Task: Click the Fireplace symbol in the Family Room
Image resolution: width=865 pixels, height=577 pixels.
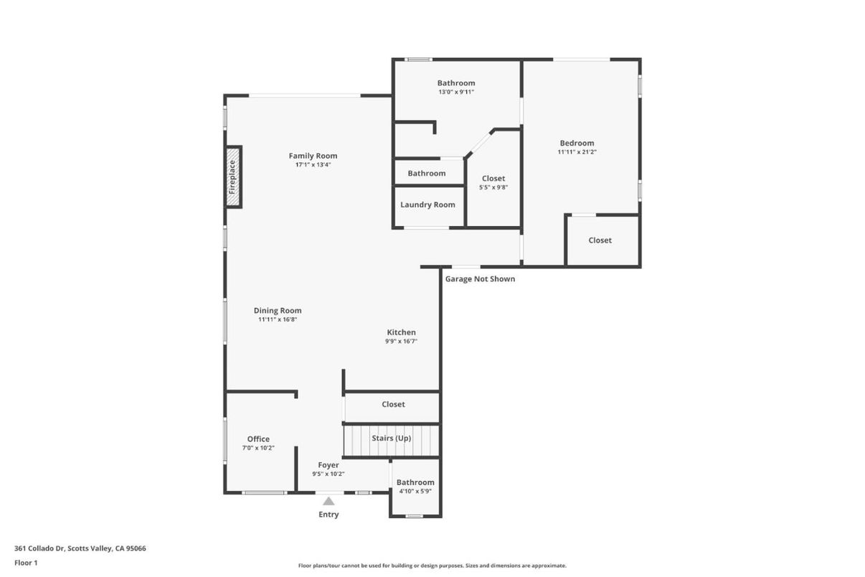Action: pyautogui.click(x=233, y=177)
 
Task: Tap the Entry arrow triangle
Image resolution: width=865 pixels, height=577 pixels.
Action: pyautogui.click(x=328, y=501)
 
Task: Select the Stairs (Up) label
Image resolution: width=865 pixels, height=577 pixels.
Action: pyautogui.click(x=392, y=438)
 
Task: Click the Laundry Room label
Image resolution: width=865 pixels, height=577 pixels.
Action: pyautogui.click(x=427, y=205)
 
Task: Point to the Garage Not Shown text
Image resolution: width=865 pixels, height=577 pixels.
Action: pyautogui.click(x=480, y=278)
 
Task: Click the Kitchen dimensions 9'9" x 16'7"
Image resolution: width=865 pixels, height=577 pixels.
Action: pyautogui.click(x=401, y=342)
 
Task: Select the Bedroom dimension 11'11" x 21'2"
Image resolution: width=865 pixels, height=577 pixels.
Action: pyautogui.click(x=577, y=152)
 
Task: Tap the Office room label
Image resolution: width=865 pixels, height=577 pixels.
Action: pyautogui.click(x=258, y=439)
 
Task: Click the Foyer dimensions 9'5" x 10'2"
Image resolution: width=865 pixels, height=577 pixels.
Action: pyautogui.click(x=328, y=474)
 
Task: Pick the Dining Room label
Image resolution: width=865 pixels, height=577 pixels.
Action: pyautogui.click(x=278, y=311)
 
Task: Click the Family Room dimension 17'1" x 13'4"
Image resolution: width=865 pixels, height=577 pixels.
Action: pyautogui.click(x=313, y=164)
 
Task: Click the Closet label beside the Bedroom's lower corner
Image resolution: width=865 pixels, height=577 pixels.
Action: pyautogui.click(x=600, y=240)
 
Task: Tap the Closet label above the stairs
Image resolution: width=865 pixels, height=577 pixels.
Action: pyautogui.click(x=393, y=404)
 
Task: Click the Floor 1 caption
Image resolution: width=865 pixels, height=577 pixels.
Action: pyautogui.click(x=26, y=563)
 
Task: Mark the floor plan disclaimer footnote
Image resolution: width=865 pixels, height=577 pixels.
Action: pyautogui.click(x=432, y=566)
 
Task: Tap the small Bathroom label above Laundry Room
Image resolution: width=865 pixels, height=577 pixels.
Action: pyautogui.click(x=427, y=173)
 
